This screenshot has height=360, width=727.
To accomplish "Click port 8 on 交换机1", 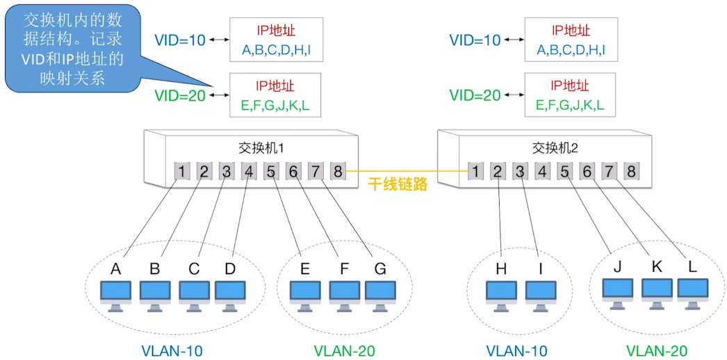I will point(336,171).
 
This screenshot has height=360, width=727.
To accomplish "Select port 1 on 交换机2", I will point(476,171).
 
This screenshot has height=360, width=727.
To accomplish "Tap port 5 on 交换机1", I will point(270,171).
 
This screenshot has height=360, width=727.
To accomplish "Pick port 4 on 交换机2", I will point(544,171).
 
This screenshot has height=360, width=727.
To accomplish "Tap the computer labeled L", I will point(692,292).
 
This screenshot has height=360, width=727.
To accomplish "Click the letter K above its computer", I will point(656,265).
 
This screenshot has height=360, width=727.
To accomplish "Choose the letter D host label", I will point(230,268).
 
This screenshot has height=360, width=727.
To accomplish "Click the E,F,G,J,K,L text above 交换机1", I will point(275,105).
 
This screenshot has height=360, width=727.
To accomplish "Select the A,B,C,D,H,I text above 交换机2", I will point(570,50).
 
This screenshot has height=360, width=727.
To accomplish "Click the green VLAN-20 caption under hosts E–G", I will point(344,350).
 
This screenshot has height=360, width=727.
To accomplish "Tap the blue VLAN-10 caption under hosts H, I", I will point(516,350).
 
